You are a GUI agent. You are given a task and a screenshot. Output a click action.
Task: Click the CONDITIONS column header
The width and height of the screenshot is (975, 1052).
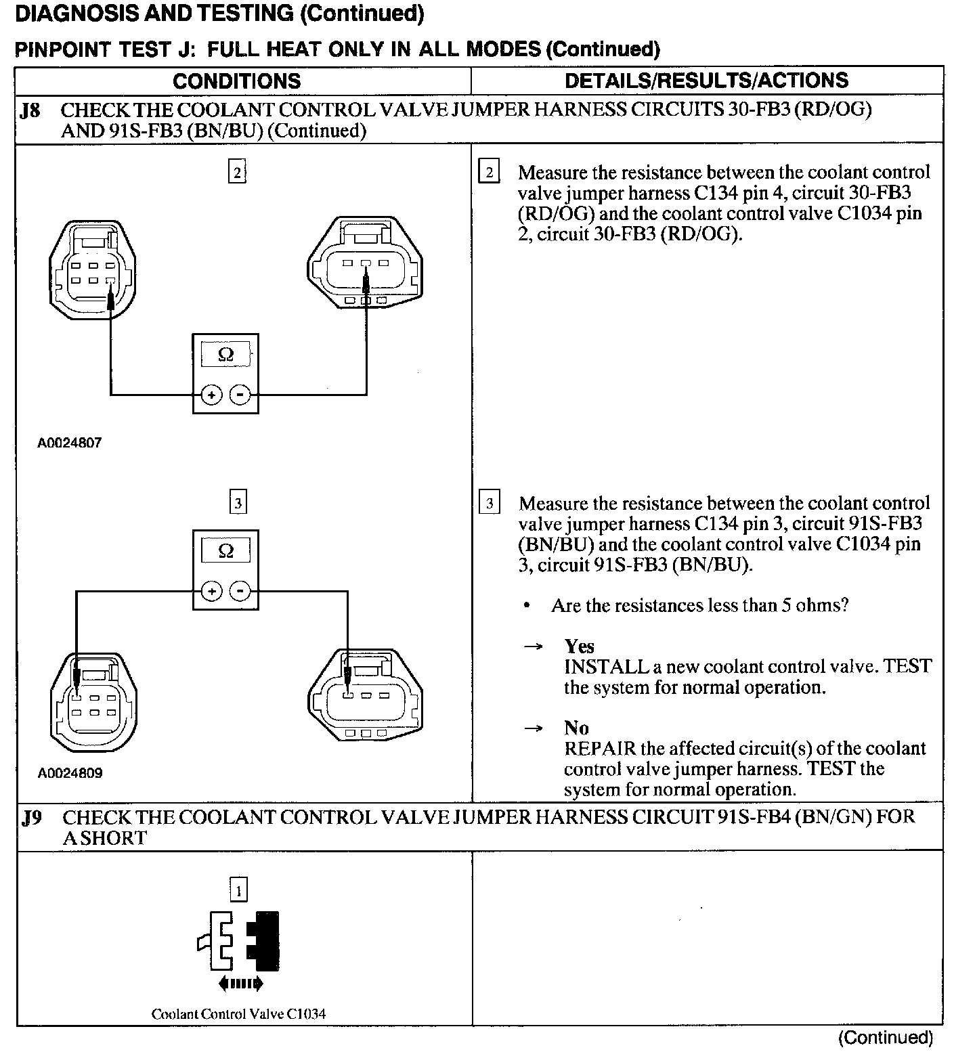pos(236,81)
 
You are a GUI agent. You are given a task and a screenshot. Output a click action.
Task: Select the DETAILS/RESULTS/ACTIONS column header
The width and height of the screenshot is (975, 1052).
pos(706,81)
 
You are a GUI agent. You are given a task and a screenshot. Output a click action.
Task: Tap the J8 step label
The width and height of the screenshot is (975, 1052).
pos(30,110)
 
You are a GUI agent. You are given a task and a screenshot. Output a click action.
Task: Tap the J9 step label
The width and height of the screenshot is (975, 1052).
pos(32,818)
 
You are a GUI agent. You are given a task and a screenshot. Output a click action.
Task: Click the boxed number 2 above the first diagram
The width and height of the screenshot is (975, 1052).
pos(237,173)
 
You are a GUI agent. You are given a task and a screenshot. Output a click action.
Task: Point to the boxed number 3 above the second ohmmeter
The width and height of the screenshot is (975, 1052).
pos(238,503)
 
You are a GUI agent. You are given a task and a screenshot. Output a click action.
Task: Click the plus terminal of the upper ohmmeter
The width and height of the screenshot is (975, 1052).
pos(211,395)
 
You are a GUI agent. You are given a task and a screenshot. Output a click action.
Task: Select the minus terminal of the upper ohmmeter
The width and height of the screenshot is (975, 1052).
pos(240,395)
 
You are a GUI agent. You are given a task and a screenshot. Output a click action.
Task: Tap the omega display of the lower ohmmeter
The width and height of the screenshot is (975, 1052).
pos(226,550)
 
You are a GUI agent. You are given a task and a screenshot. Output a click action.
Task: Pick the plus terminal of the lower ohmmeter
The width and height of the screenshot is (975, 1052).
pos(212,592)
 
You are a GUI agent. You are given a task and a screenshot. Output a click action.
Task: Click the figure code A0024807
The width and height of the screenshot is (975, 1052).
pos(70,443)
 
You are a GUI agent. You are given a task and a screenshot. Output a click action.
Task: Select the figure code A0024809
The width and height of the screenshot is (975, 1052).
pos(70,773)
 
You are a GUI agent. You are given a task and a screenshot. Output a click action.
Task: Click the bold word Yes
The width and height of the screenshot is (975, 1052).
pos(579,646)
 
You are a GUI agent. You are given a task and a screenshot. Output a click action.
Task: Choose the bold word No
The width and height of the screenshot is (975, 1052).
pos(576,728)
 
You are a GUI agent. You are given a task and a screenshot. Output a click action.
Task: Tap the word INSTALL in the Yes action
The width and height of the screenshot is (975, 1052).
pos(606,667)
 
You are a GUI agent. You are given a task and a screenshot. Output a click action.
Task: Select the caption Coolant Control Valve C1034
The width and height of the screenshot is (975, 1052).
pos(238,1014)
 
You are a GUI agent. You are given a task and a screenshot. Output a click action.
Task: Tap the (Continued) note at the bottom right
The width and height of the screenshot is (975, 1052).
pos(886,1038)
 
